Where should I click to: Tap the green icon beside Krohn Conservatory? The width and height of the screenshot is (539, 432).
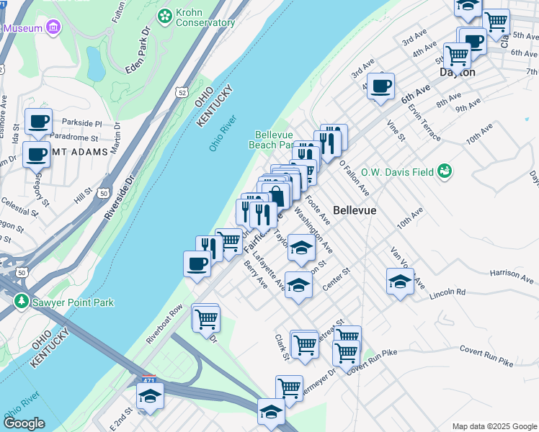(x=165, y=14)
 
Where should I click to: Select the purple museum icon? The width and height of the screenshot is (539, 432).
(x=53, y=28)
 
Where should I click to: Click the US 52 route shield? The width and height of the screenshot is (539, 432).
(x=180, y=91)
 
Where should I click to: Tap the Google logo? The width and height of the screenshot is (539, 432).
(x=24, y=424)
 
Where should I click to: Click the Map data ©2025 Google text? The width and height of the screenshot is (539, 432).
(x=494, y=426)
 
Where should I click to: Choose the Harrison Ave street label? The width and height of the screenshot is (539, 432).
(x=509, y=273)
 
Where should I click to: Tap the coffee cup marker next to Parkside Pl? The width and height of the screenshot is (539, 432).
(x=38, y=121)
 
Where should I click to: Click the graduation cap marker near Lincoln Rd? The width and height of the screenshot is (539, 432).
(x=400, y=281)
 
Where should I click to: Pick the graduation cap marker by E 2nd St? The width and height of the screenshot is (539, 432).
(x=150, y=395)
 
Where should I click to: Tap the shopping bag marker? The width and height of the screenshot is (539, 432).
(x=277, y=194)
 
